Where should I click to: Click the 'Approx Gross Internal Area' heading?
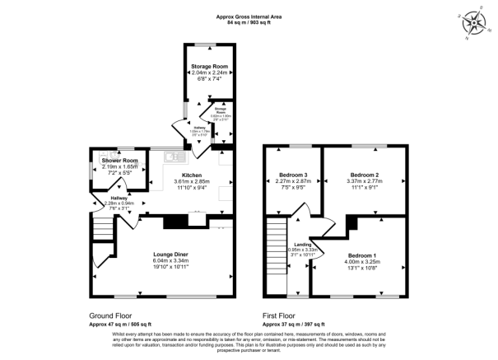pos(249,16)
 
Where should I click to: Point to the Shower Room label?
pos(119,160)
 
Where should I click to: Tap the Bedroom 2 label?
pos(364,175)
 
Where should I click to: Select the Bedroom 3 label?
pos(292,175)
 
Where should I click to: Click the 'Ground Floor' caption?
pos(110,316)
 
